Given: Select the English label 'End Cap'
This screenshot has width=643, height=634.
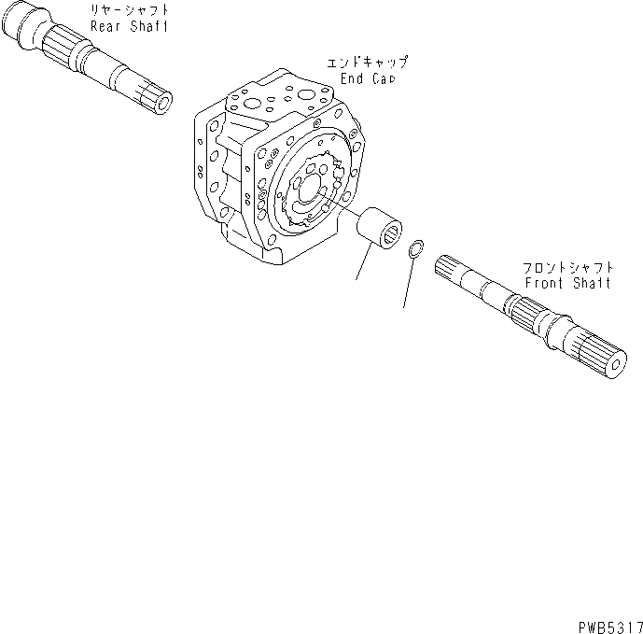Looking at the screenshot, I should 368,80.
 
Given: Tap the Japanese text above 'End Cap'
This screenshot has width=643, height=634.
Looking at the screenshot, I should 368,64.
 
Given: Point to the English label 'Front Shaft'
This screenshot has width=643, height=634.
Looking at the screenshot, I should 567,283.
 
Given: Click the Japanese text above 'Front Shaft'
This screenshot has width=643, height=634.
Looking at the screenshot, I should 567,267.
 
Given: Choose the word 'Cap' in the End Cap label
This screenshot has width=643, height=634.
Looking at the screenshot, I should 384,80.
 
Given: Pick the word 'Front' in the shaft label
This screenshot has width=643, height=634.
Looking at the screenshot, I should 545,283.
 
